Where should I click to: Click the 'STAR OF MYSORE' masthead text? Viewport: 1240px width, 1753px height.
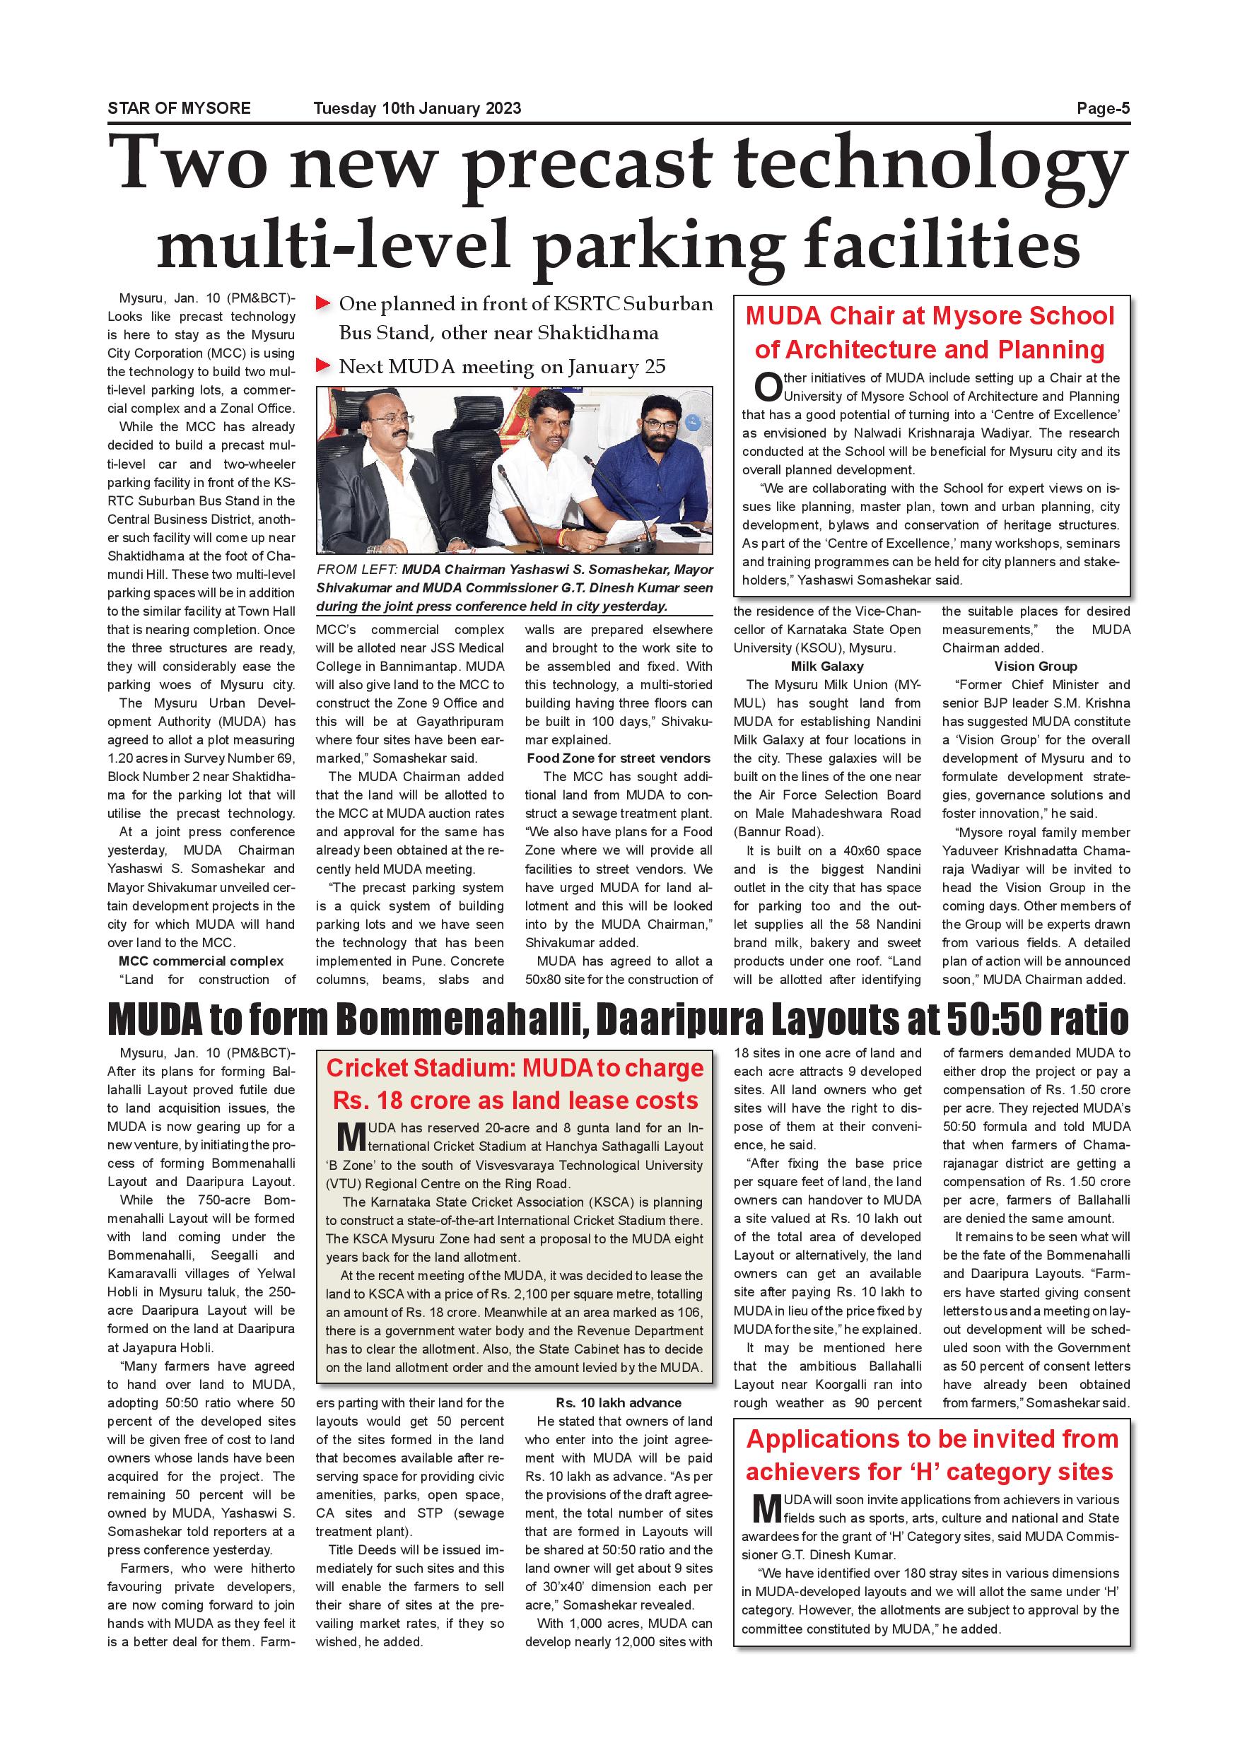[179, 108]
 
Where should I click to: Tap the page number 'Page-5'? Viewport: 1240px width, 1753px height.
[1103, 108]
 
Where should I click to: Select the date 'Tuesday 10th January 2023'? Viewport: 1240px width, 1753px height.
[417, 108]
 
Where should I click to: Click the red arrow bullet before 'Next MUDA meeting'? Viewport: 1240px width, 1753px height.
[323, 365]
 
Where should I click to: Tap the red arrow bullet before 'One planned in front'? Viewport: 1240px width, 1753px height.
[323, 304]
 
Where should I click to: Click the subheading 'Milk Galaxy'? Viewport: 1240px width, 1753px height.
[827, 667]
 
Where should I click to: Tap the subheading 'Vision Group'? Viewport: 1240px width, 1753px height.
[1036, 667]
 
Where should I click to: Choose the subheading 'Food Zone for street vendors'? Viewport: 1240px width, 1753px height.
[619, 758]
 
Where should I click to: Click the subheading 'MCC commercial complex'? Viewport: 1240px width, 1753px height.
[201, 961]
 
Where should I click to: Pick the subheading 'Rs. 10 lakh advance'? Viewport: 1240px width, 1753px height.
[619, 1402]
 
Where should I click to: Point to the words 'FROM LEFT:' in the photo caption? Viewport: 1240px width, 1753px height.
[356, 570]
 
